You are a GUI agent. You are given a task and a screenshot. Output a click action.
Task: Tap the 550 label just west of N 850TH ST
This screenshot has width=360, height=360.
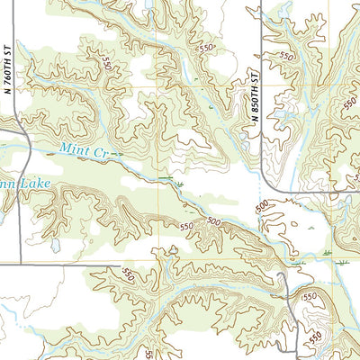pyautogui.click(x=208, y=48)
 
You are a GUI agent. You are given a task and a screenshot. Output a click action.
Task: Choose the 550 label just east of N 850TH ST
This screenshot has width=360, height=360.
pyautogui.click(x=287, y=56)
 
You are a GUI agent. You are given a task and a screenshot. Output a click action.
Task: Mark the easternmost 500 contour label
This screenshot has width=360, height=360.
pyautogui.click(x=262, y=209)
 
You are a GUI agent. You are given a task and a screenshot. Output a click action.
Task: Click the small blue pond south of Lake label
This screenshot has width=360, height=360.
pyautogui.click(x=56, y=244)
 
